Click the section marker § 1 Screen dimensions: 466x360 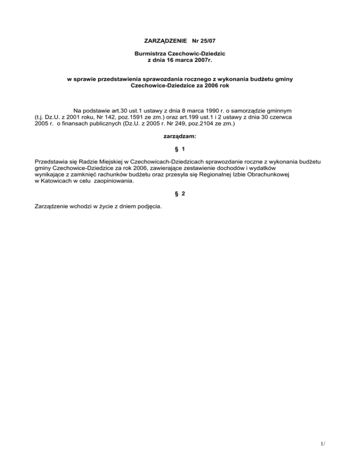coord(180,148)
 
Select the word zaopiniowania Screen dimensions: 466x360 coord(113,182)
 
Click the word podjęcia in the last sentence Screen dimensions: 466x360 coord(150,205)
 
